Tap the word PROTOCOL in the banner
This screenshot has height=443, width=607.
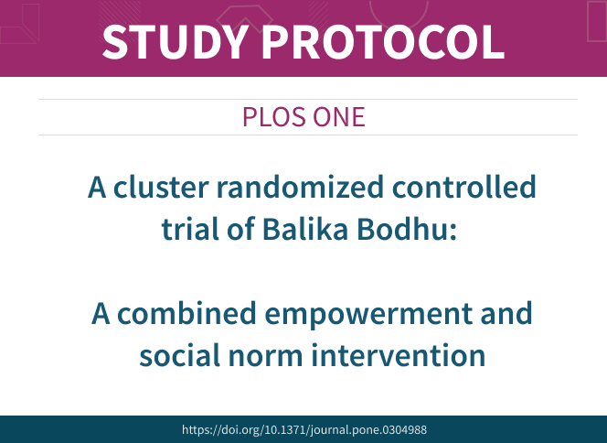pyautogui.click(x=383, y=41)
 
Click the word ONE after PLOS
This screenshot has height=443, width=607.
pyautogui.click(x=339, y=116)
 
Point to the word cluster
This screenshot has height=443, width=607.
pyautogui.click(x=161, y=187)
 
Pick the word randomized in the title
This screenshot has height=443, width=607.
pyautogui.click(x=300, y=187)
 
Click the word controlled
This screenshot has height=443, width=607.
pyautogui.click(x=463, y=187)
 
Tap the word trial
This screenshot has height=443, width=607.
pyautogui.click(x=190, y=229)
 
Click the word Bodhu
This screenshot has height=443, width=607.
pyautogui.click(x=402, y=229)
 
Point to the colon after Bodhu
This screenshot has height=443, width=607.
pyautogui.click(x=453, y=232)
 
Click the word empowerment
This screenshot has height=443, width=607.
pyautogui.click(x=368, y=315)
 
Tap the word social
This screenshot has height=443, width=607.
pyautogui.click(x=179, y=354)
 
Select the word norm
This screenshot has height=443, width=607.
pyautogui.click(x=265, y=358)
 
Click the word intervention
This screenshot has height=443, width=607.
pyautogui.click(x=399, y=354)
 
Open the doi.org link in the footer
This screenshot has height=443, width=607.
pyautogui.click(x=304, y=430)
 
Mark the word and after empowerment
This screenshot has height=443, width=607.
pyautogui.click(x=506, y=313)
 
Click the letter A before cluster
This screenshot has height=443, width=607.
pyautogui.click(x=97, y=188)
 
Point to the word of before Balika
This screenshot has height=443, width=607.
pyautogui.click(x=240, y=229)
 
